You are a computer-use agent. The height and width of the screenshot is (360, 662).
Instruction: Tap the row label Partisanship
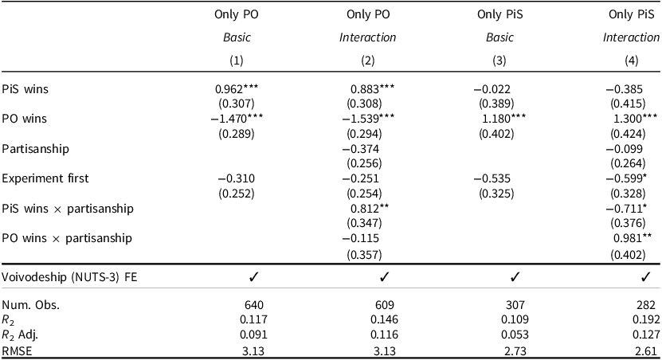tap(35, 149)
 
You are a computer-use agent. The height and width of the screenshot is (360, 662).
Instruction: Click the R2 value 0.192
tap(643, 319)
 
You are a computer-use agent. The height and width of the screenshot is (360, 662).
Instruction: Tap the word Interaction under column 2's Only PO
tap(367, 37)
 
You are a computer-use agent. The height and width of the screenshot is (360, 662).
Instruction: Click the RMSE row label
tap(16, 348)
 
